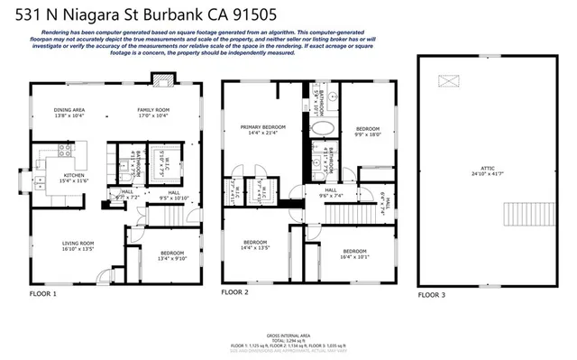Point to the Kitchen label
pos(73,179)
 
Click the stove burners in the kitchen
pos(66,151)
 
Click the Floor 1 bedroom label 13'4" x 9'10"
pos(171,255)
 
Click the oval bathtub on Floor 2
pos(322,128)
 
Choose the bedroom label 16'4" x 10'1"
pos(354,254)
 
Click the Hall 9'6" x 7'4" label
pos(331,192)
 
